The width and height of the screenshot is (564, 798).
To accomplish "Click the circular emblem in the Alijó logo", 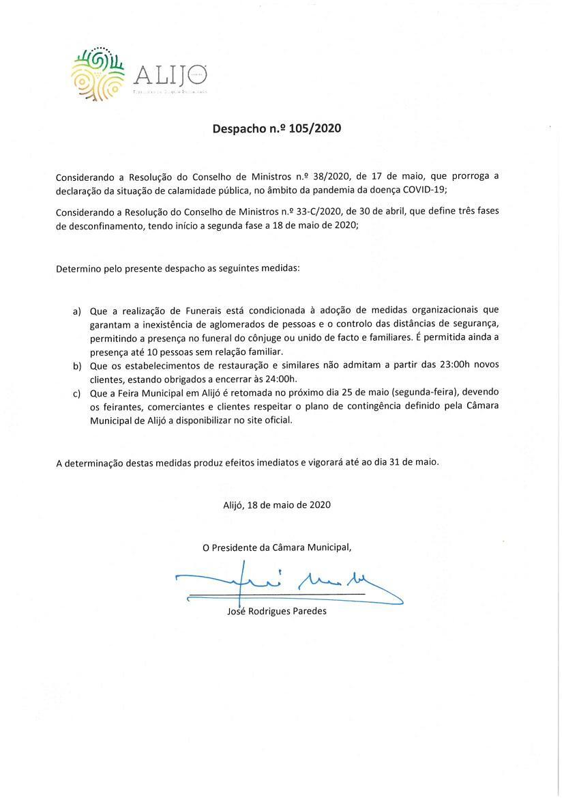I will (98, 74).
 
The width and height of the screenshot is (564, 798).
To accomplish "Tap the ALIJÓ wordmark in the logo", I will (170, 74).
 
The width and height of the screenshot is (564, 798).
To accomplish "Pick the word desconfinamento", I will (99, 224).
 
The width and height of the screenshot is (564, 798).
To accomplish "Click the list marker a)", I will (78, 311).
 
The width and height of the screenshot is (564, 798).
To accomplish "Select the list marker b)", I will (78, 366).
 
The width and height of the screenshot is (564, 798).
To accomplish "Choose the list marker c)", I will (78, 394).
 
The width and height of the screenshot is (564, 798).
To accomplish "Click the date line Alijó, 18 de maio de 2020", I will (277, 505).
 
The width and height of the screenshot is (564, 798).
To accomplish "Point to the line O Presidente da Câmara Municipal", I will (277, 547).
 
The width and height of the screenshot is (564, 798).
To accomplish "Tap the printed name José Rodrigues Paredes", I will (277, 612).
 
